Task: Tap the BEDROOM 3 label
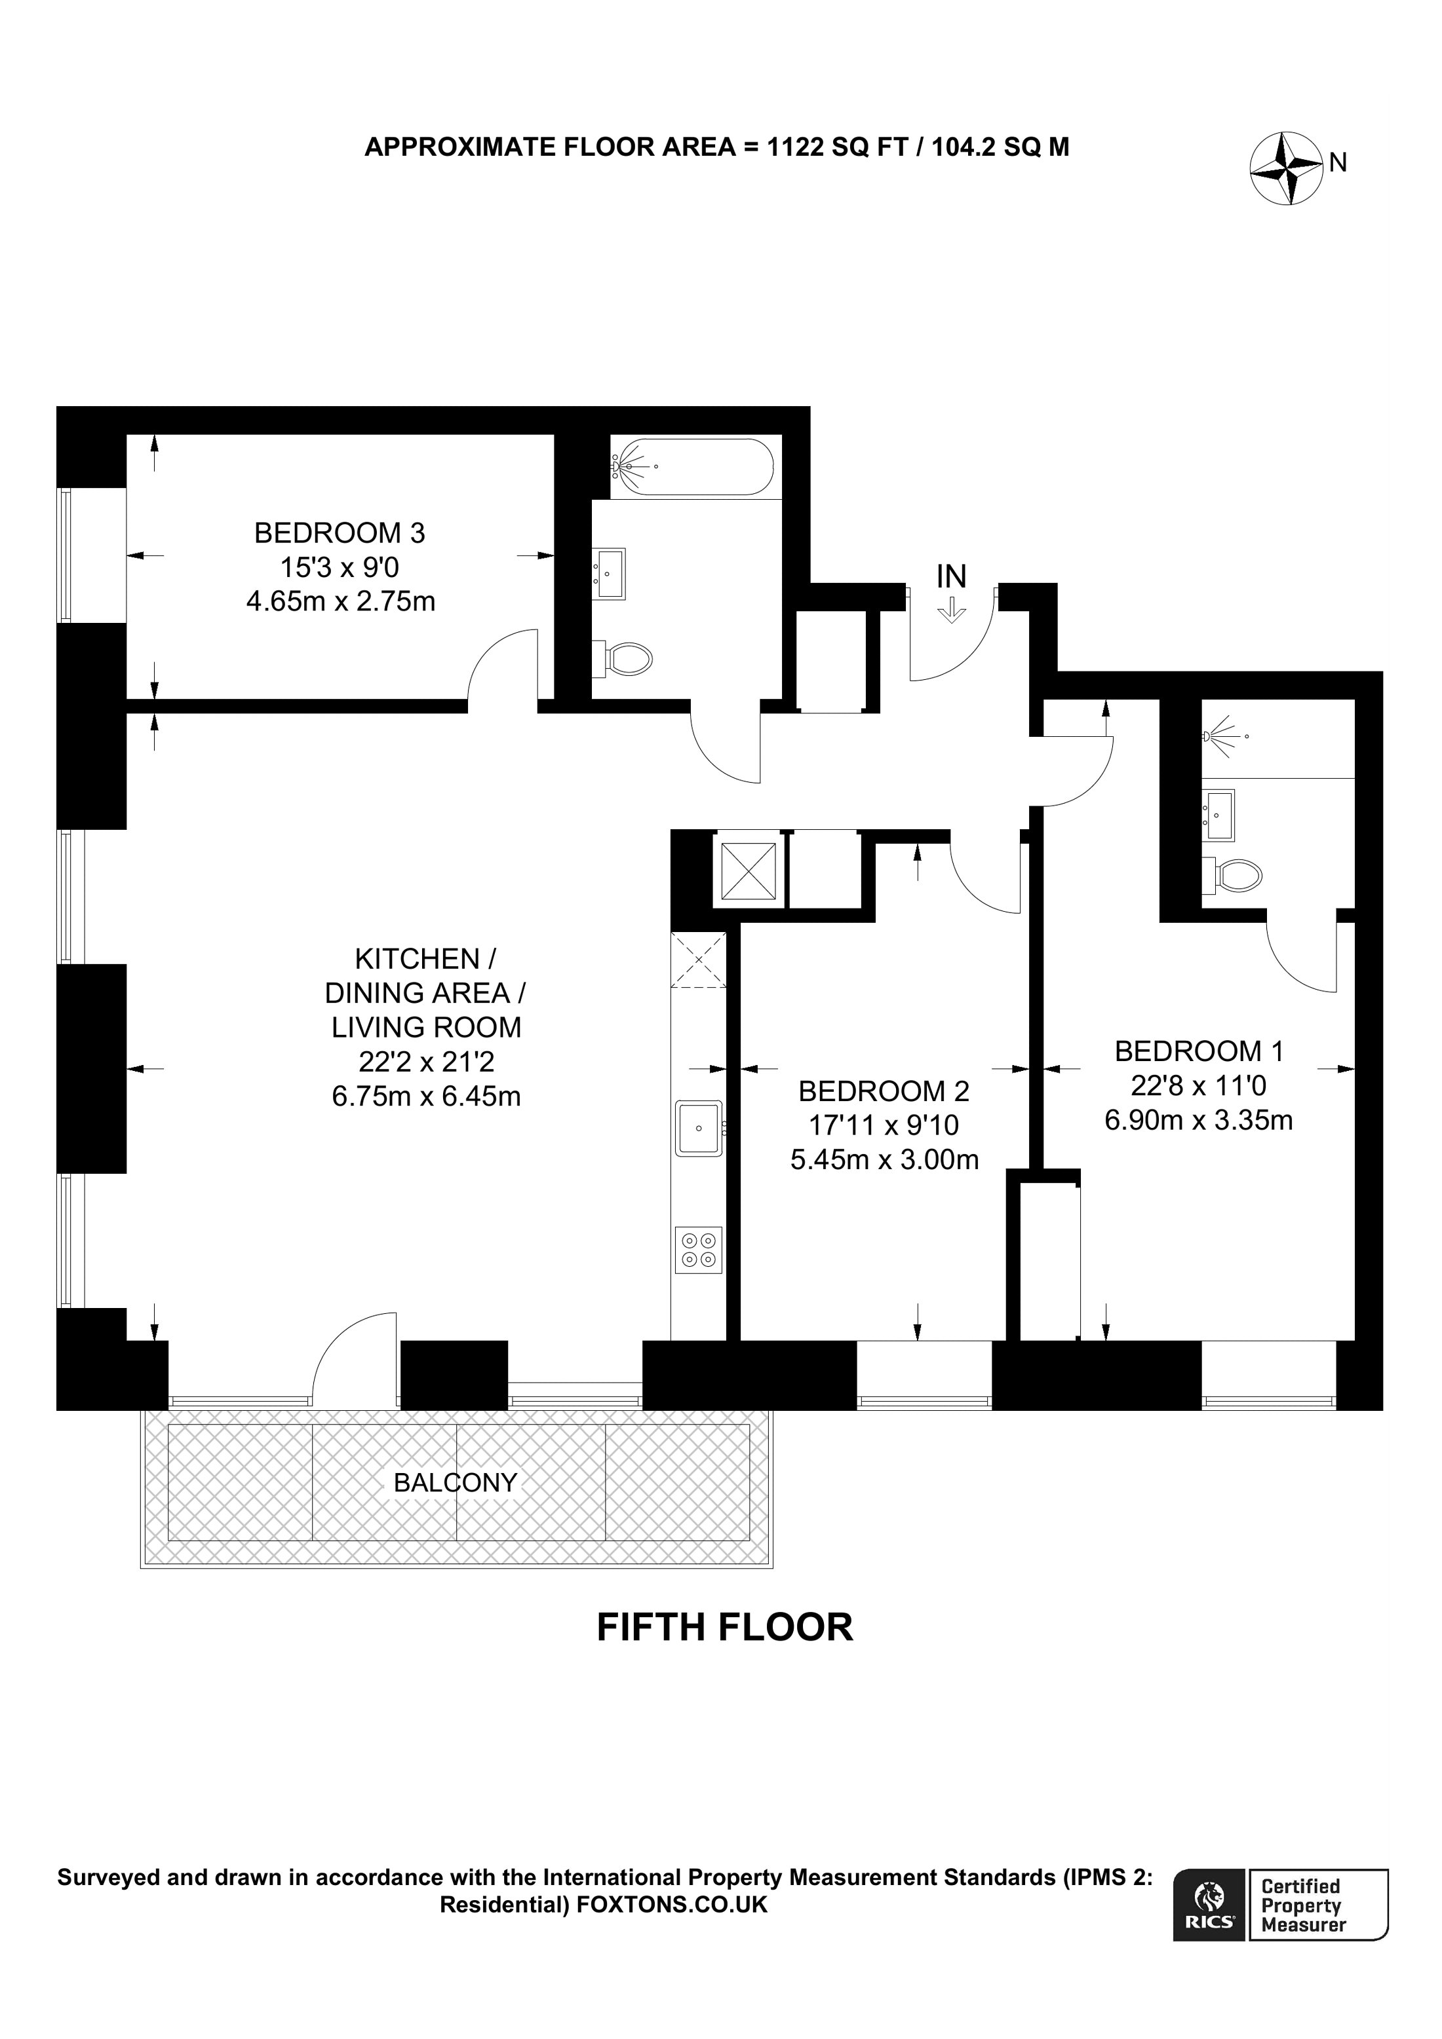(x=340, y=533)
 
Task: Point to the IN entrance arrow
(x=952, y=609)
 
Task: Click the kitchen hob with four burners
(x=698, y=1250)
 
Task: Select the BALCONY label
(x=455, y=1482)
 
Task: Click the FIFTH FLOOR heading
(x=724, y=1627)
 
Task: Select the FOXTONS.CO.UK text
(x=672, y=1904)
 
